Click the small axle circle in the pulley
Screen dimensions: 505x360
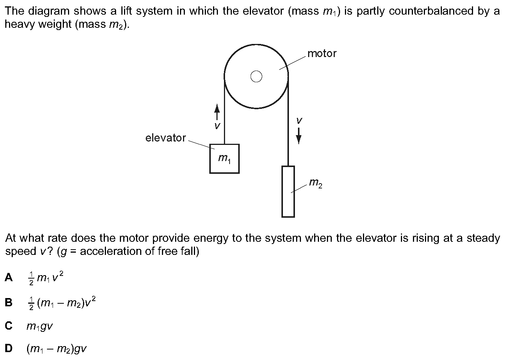pos(256,76)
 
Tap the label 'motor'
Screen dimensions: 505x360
pos(322,54)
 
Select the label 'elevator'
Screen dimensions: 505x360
pos(165,138)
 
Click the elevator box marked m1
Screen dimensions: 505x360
pos(224,158)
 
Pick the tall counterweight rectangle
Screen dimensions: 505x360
pos(288,191)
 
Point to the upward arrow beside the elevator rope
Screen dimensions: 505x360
pos(217,112)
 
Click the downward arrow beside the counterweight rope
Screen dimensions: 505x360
pos(299,136)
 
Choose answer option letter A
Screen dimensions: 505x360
pos(9,277)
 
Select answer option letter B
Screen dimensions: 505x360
pos(9,302)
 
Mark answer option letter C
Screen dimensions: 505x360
pos(9,325)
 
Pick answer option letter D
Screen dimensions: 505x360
pos(9,348)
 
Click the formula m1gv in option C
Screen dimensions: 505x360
pos(40,327)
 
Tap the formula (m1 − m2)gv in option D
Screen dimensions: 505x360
pos(57,349)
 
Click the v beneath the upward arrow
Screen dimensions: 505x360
pos(217,126)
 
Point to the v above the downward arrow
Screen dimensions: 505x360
pos(299,121)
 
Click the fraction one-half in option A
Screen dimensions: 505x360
pos(31,279)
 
